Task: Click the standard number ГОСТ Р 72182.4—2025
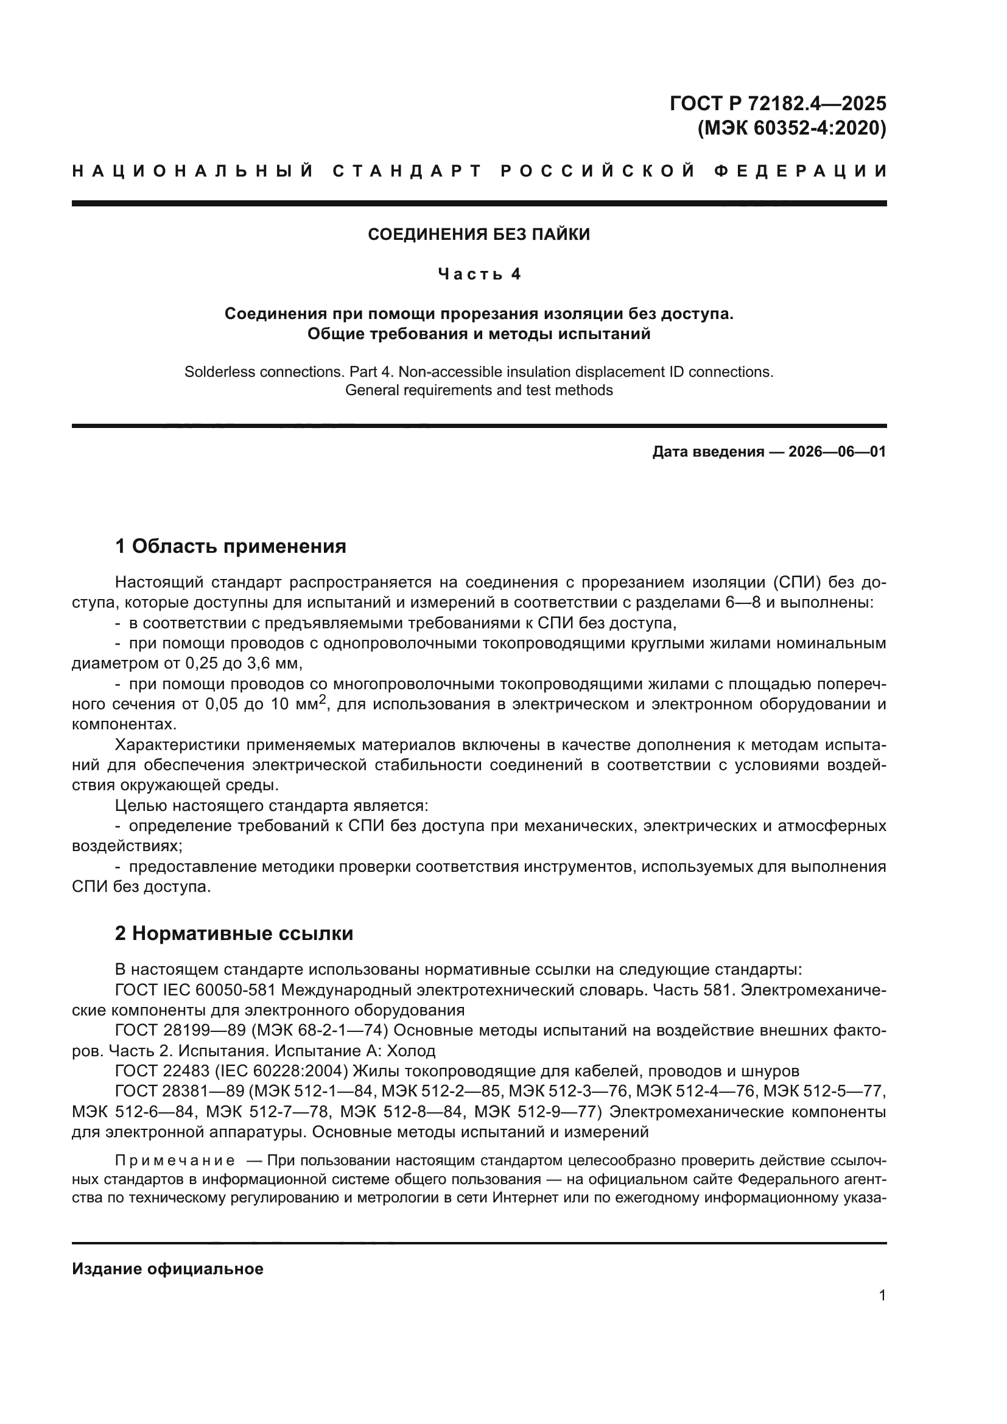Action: [x=777, y=103]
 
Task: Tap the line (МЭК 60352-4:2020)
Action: [x=792, y=128]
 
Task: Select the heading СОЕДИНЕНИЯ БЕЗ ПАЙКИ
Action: [x=479, y=234]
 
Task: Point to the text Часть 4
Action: [x=479, y=274]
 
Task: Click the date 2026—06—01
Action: [x=837, y=452]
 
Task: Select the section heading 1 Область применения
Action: [x=230, y=546]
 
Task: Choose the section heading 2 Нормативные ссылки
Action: [x=234, y=934]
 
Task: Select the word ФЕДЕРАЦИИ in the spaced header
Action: [x=800, y=172]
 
